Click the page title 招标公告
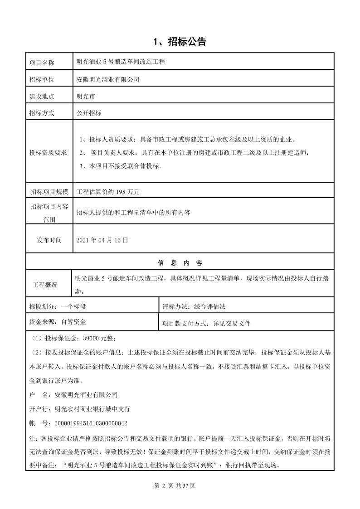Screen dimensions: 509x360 point(180,42)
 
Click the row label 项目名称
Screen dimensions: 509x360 point(41,62)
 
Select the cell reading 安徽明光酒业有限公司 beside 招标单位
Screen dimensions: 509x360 point(108,80)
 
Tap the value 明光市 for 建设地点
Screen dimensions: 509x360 point(86,97)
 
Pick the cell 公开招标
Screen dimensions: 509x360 point(89,113)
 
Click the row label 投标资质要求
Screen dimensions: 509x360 point(48,152)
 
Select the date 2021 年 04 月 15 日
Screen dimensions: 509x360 point(102,240)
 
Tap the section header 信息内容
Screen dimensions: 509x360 point(180,263)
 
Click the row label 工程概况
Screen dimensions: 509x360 point(45,285)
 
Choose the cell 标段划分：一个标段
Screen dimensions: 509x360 point(57,306)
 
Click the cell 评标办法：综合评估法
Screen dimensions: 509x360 point(194,306)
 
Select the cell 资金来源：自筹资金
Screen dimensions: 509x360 point(57,323)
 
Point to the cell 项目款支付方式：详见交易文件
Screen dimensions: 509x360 point(206,324)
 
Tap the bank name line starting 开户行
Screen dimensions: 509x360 point(79,409)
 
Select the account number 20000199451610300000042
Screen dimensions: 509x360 point(91,423)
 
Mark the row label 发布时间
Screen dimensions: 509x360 point(49,240)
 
